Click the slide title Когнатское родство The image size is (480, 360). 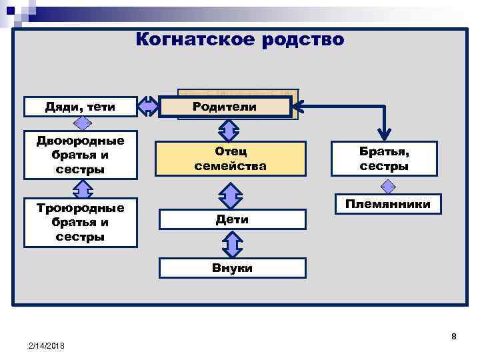tap(239, 40)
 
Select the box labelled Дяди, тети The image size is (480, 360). tap(80, 106)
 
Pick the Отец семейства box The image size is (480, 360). tap(230, 159)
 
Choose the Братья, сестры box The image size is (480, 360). tap(384, 159)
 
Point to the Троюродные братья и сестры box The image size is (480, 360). tap(80, 222)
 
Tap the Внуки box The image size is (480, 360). tap(232, 268)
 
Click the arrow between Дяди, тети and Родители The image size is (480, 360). tap(148, 107)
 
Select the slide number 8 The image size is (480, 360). tap(454, 337)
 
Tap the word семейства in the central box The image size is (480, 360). tap(230, 165)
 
